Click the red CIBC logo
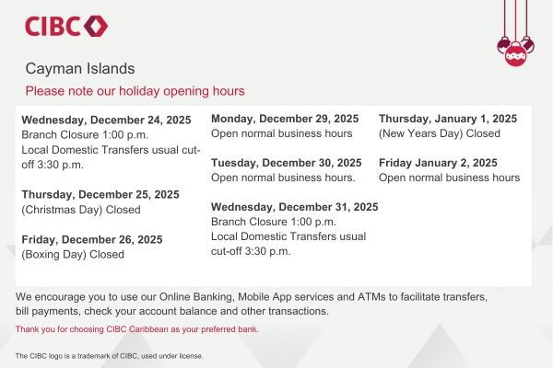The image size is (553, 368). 66,26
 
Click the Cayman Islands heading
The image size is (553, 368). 80,69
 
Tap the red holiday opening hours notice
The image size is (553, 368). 135,91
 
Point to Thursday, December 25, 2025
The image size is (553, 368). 100,194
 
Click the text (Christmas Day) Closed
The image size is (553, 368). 81,209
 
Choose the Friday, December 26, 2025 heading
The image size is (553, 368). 92,239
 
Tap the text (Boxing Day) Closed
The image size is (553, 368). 73,254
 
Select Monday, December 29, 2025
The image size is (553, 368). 285,119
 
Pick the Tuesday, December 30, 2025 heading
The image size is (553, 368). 286,163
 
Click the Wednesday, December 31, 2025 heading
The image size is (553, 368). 295,207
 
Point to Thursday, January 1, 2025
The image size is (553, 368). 448,119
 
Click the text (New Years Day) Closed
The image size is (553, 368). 440,133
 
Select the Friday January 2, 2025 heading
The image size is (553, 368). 438,163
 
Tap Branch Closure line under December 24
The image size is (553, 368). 78,134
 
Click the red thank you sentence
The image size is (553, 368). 137,328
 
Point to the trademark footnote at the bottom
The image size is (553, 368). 110,355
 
